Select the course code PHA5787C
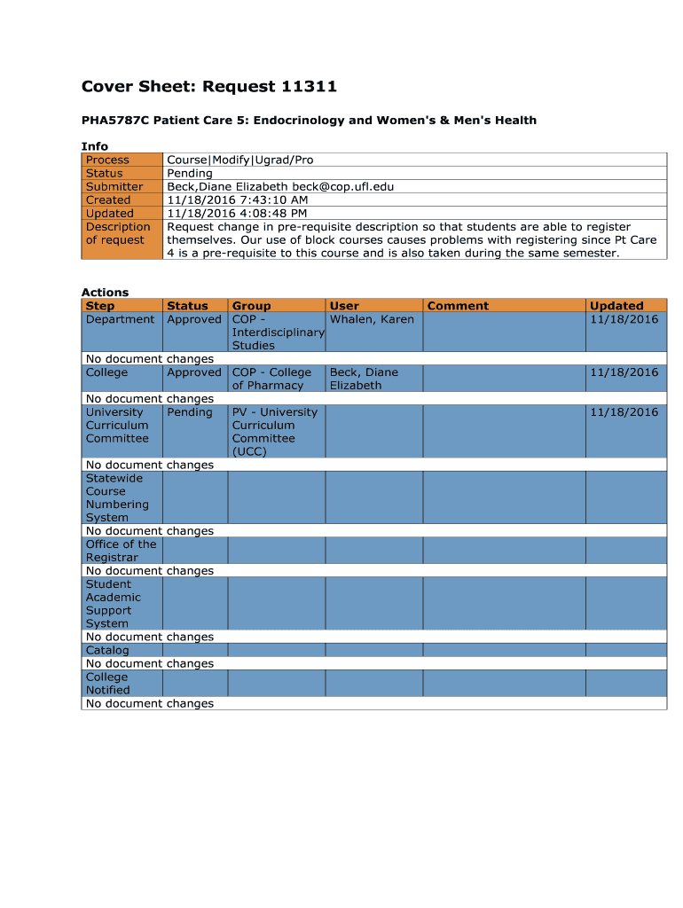(114, 120)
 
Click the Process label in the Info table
(107, 160)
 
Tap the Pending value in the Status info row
(190, 173)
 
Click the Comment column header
(458, 306)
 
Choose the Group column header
(251, 306)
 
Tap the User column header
(344, 306)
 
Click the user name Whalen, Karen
(372, 319)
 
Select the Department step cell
(120, 319)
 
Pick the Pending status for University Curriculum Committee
(189, 412)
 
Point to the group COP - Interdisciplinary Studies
(276, 333)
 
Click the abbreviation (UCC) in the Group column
(249, 451)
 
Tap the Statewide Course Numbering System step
(117, 497)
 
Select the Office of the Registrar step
(121, 551)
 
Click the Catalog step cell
(106, 650)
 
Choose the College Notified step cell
(107, 683)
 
